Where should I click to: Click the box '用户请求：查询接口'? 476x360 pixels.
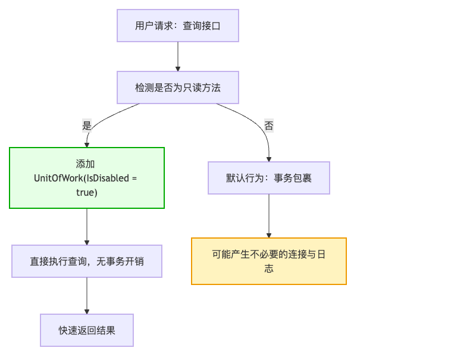point(177,26)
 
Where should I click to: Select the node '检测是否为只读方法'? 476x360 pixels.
point(177,87)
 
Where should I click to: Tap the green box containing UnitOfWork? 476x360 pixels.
point(87,178)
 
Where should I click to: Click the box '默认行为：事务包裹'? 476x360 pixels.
point(268,178)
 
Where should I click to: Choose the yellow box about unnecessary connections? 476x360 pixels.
point(268,261)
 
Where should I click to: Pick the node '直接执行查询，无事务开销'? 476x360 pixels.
point(87,261)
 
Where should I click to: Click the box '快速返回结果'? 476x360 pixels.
point(87,330)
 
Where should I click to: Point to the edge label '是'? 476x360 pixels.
point(87,126)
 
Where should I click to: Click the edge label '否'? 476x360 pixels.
point(269,126)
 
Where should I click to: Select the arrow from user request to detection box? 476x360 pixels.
point(177,57)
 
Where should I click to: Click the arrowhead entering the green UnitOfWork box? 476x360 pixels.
point(87,145)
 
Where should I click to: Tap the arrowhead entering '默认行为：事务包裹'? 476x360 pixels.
point(269,159)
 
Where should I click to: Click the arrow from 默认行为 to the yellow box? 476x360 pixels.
point(269,215)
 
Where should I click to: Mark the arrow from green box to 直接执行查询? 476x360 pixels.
point(87,226)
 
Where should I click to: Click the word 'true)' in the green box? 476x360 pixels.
point(87,192)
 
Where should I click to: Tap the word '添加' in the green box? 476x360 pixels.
point(87,164)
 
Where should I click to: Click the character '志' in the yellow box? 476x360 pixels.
point(269,268)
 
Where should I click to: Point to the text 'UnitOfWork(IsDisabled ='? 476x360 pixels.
point(87,178)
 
